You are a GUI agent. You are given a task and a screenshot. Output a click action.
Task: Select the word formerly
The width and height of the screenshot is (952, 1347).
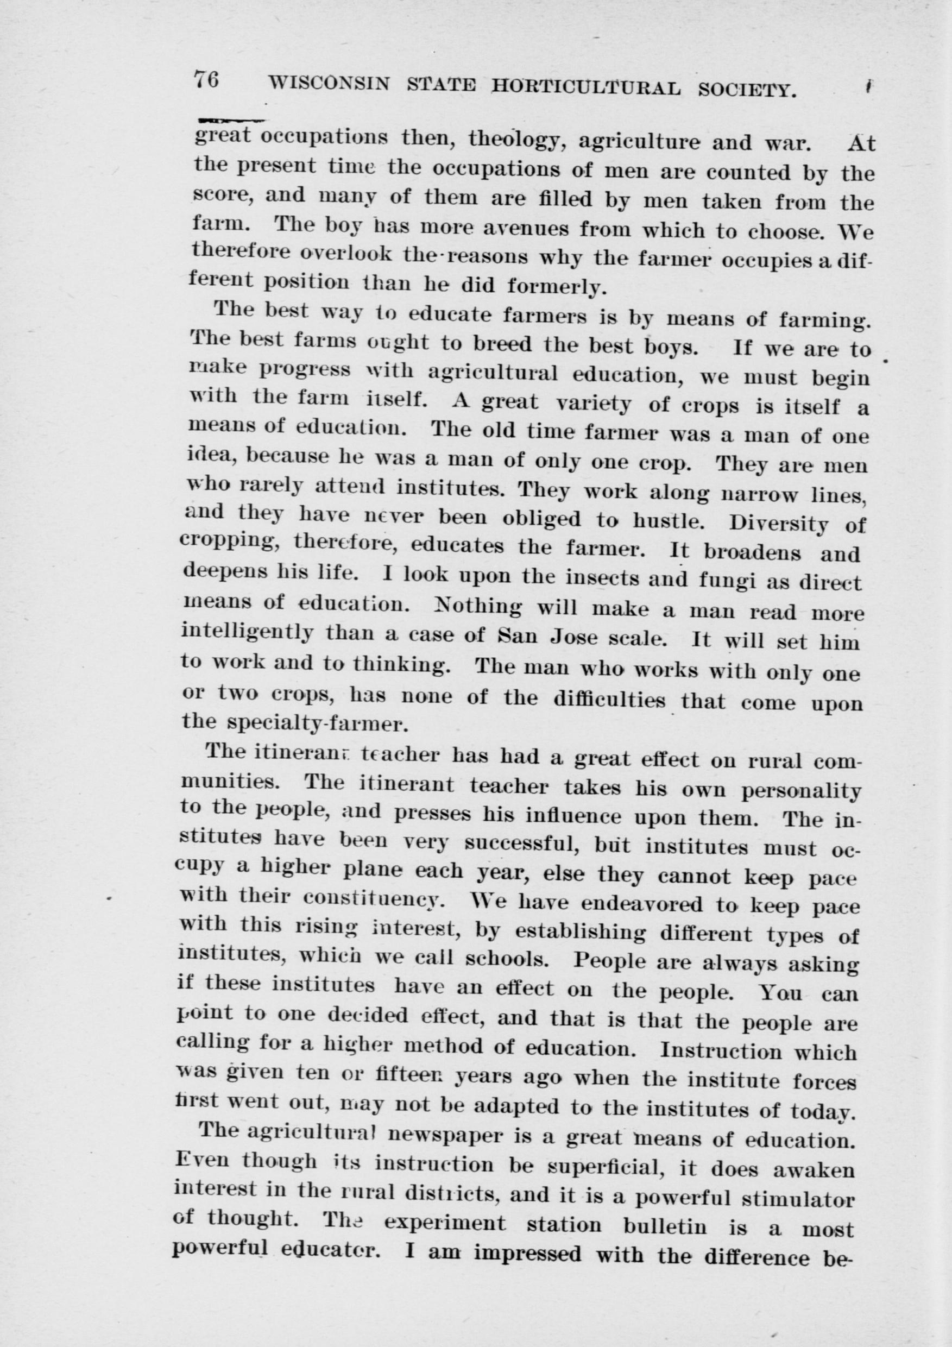coord(554,287)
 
